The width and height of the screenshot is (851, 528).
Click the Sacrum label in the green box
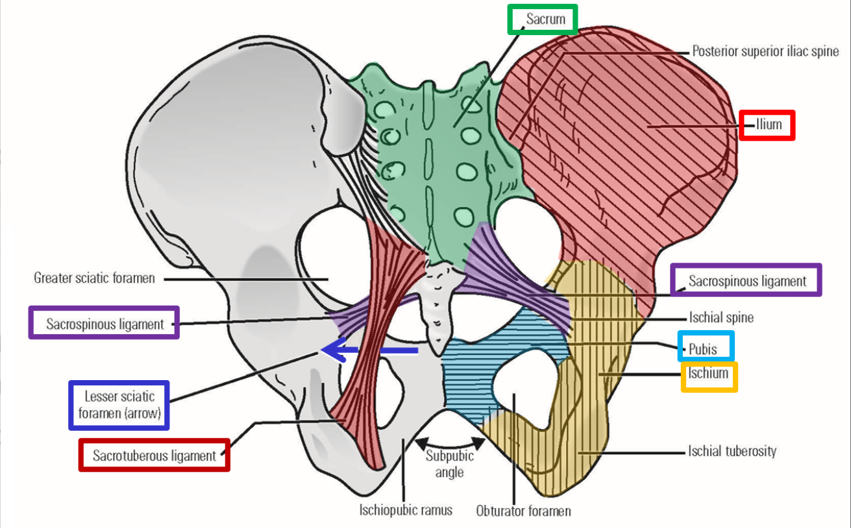point(545,19)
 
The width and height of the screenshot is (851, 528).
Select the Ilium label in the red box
point(768,124)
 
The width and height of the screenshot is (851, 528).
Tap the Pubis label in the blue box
point(706,348)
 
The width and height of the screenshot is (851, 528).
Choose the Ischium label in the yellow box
point(708,374)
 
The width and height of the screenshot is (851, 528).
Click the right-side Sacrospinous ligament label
point(746,281)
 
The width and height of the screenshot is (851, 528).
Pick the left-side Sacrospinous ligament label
point(105,324)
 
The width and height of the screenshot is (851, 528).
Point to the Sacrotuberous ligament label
point(154,455)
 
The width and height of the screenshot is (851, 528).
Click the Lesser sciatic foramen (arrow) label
point(119,405)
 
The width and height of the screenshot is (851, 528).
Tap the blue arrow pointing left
point(370,351)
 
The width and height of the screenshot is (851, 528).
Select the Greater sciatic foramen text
point(94,278)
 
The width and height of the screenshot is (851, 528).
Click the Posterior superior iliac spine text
point(765,51)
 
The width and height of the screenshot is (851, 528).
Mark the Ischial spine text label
point(721,318)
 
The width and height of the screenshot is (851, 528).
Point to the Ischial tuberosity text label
point(732,451)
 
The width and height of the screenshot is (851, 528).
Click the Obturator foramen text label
point(523,511)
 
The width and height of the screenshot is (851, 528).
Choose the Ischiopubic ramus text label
point(406,510)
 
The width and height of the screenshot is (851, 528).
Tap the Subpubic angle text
point(449,464)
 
